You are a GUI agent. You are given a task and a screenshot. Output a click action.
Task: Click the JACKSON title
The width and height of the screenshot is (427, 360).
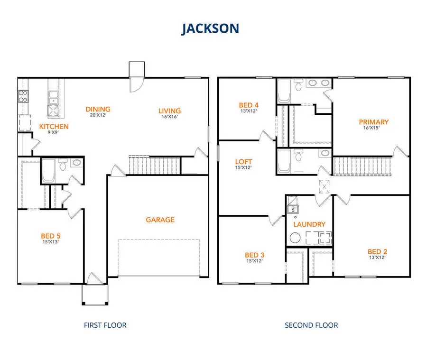coord(210,28)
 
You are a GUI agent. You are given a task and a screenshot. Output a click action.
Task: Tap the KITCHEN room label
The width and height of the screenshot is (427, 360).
coord(54,127)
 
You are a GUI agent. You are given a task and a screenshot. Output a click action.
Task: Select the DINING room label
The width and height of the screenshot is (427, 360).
coord(98,109)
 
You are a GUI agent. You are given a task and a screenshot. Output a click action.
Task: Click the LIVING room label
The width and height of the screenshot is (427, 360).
coord(169,111)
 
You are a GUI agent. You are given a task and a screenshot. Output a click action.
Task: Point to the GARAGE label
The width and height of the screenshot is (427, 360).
coord(160,220)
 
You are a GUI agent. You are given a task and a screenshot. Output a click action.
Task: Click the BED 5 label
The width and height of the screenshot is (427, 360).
coord(50,236)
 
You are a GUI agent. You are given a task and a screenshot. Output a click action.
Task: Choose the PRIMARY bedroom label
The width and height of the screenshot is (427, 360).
coord(373,122)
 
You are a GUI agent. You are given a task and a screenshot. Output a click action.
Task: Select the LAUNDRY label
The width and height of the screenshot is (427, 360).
coord(309,224)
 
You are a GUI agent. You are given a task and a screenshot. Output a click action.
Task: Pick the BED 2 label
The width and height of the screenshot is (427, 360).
coord(378,251)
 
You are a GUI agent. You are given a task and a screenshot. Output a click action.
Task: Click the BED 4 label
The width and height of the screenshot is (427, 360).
coord(249,105)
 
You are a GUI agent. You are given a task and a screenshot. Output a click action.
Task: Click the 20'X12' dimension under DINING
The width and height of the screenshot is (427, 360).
coord(98,115)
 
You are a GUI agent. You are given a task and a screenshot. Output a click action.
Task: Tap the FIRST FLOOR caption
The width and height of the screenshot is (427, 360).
coord(105,325)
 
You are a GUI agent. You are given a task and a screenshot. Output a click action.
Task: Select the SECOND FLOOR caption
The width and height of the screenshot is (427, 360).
coord(311,325)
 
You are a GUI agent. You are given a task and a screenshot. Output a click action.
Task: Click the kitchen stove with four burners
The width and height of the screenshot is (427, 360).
coord(22,97)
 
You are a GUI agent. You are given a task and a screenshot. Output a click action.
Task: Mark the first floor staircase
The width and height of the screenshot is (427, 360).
coord(154,165)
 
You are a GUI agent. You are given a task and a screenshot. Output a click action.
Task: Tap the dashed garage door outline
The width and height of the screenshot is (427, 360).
coord(158,258)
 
